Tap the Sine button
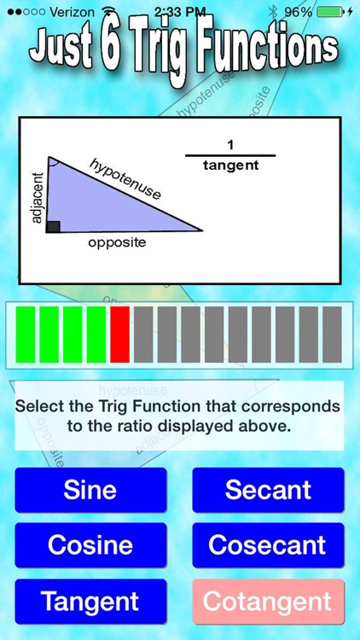click(90, 490)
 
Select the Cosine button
click(90, 545)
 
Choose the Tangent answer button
click(90, 601)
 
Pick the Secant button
click(268, 490)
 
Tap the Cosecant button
click(268, 545)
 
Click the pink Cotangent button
click(268, 601)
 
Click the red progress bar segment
click(119, 335)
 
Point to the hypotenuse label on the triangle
click(125, 179)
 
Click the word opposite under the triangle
click(117, 242)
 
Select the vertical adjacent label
click(36, 196)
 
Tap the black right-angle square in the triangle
click(53, 225)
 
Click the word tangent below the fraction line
click(230, 166)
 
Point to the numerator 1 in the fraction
click(230, 145)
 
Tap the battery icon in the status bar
click(331, 12)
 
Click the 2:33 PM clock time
click(179, 12)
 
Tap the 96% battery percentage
click(298, 12)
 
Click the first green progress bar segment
click(26, 335)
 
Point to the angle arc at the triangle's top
click(53, 161)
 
